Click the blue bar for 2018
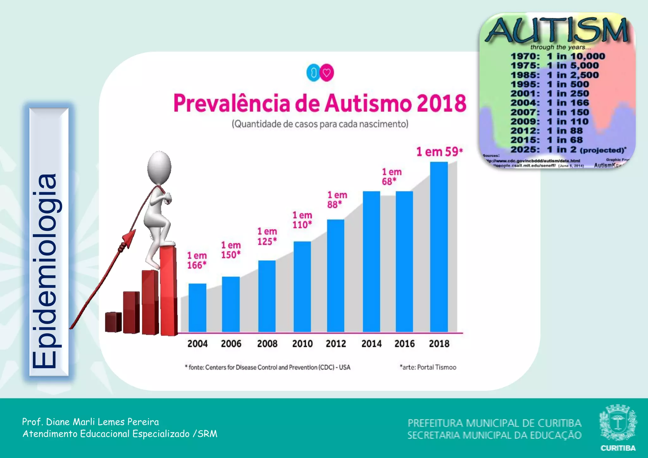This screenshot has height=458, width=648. point(439,247)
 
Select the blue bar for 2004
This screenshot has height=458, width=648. point(197,307)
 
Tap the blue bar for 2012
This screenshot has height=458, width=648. point(336,275)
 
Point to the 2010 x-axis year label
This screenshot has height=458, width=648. point(302,343)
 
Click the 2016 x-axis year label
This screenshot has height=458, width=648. point(404,343)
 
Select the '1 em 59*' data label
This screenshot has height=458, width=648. point(439,152)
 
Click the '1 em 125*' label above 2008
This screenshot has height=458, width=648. point(267,236)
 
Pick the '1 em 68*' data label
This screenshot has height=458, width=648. point(391,176)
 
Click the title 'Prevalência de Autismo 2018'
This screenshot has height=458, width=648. point(320,103)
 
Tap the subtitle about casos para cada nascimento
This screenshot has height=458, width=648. point(320,124)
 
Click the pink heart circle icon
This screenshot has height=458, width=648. point(327,73)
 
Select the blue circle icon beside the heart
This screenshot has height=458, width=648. point(313,73)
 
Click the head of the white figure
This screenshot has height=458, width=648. point(159,167)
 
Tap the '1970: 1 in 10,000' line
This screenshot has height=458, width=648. point(558,56)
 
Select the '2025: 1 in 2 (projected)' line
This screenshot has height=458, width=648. point(568,150)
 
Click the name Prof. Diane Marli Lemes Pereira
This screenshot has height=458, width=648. point(90,422)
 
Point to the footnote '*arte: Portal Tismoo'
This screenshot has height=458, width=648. point(428,367)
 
